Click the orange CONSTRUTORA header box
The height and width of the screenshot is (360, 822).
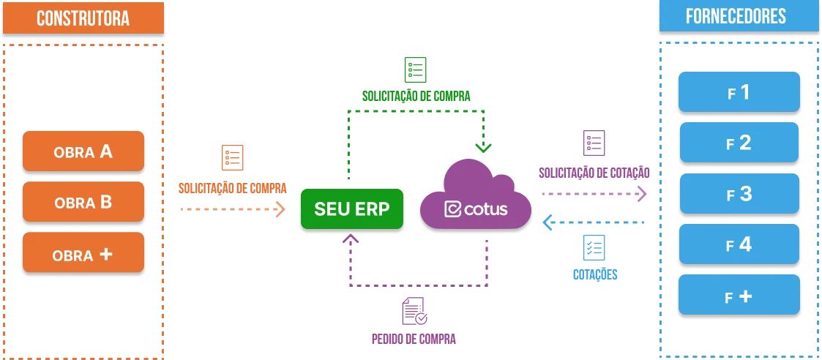tap(83, 18)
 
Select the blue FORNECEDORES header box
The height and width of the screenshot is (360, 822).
tap(738, 17)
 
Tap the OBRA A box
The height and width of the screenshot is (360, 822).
tap(83, 152)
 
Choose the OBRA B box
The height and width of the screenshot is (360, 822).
tap(83, 203)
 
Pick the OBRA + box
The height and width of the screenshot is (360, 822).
tap(83, 255)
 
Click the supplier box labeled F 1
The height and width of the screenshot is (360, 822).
tap(739, 93)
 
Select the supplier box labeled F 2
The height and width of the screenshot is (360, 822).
tap(739, 143)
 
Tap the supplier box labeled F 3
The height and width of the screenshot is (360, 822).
tap(739, 194)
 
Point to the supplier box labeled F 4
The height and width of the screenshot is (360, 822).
tap(739, 245)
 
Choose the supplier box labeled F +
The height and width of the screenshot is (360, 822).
tap(739, 296)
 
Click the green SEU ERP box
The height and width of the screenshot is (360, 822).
tap(352, 209)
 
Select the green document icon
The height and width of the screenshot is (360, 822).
tap(416, 70)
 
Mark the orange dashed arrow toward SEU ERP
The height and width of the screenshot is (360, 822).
tap(231, 209)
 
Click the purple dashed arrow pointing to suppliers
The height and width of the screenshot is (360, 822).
tap(593, 194)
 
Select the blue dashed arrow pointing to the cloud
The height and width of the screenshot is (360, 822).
tap(593, 221)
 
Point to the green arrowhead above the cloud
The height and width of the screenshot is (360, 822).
tap(482, 146)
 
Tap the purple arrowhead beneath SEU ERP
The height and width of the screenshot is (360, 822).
tap(351, 239)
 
